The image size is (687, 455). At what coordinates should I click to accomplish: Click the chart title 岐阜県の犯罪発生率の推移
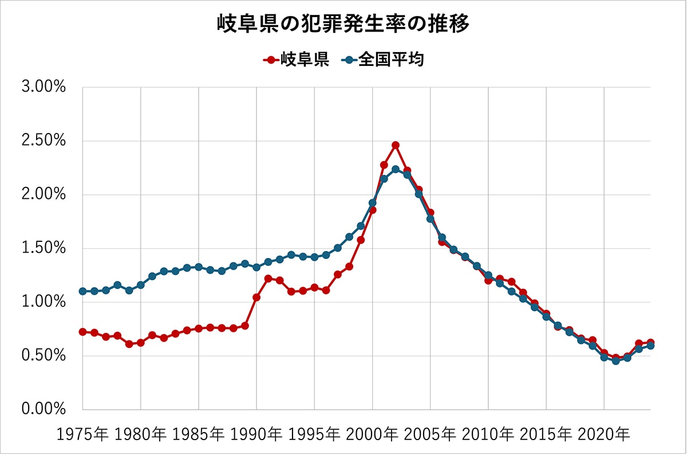pyautogui.click(x=343, y=24)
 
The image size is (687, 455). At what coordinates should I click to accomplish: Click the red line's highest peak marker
pyautogui.click(x=396, y=145)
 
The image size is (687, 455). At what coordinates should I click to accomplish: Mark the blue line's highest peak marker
pyautogui.click(x=396, y=169)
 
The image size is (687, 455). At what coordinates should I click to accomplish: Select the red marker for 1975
pyautogui.click(x=82, y=332)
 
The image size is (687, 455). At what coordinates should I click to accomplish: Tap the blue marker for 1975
pyautogui.click(x=82, y=291)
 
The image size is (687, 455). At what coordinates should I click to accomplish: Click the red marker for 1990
pyautogui.click(x=256, y=297)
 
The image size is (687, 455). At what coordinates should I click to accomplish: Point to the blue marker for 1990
pyautogui.click(x=256, y=267)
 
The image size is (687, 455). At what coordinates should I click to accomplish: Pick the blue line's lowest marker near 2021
pyautogui.click(x=615, y=361)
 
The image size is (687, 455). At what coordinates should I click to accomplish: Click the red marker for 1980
pyautogui.click(x=140, y=343)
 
